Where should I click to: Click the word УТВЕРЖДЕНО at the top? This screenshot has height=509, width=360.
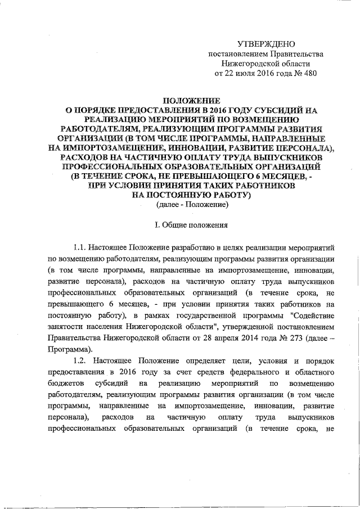264,43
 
